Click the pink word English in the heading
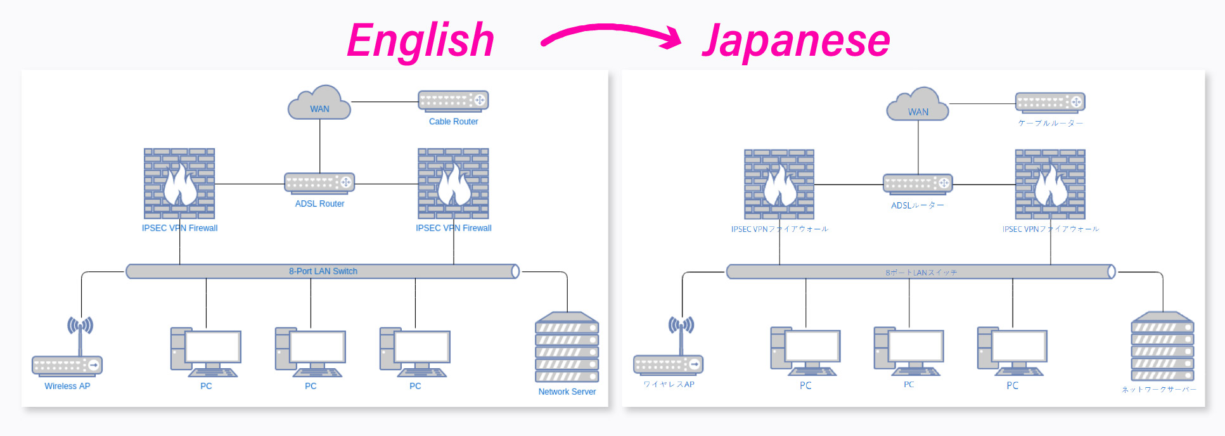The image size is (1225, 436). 420,41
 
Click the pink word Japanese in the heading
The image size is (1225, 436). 795,41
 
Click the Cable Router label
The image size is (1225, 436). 453,122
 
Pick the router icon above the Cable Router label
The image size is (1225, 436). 453,100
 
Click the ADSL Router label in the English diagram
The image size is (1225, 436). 319,204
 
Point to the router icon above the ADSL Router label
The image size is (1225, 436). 319,183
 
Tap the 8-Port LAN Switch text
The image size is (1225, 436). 323,271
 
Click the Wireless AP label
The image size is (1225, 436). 67,386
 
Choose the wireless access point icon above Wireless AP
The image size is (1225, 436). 67,349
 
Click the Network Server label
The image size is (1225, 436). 567,392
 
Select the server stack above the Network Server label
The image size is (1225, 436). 567,347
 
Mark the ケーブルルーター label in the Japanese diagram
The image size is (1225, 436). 1050,124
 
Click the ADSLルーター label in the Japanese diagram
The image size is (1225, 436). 917,205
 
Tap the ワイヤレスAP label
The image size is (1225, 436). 669,384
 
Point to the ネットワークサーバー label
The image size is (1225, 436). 1158,390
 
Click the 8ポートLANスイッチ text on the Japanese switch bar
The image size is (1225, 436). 921,272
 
